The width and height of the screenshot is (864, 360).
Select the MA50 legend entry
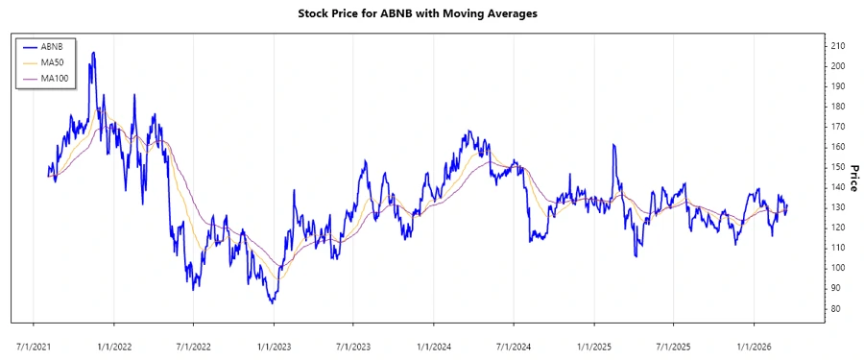click(x=52, y=62)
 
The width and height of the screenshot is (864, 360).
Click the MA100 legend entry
click(x=55, y=78)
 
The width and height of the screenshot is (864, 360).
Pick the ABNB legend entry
click(x=52, y=46)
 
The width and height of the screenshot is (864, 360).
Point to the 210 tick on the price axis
click(x=838, y=46)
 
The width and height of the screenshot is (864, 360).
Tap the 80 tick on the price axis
click(x=836, y=308)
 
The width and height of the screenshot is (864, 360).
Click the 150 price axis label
click(x=838, y=167)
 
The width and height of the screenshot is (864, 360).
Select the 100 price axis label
click(x=838, y=268)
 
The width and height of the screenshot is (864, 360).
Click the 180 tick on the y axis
click(x=838, y=107)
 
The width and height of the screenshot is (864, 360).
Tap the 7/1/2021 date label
click(x=35, y=343)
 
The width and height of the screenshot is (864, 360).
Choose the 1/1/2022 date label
click(x=114, y=343)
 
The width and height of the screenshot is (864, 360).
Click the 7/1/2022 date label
click(x=194, y=343)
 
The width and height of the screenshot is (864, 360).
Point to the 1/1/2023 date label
click(x=275, y=343)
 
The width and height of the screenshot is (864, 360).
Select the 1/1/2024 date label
click(x=435, y=343)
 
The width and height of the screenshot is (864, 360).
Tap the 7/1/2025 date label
click(x=674, y=343)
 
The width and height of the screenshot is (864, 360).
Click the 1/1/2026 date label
click(x=755, y=343)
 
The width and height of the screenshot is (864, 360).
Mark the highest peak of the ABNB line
click(x=93, y=53)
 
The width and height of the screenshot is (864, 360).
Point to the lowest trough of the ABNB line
click(x=273, y=302)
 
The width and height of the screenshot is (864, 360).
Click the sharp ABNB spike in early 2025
click(x=612, y=146)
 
